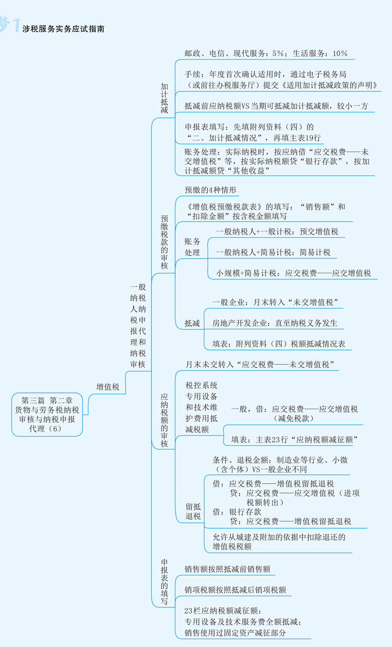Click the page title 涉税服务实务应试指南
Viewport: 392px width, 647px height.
63,29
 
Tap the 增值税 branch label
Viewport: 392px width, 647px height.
108,387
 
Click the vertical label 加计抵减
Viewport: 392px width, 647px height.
164,98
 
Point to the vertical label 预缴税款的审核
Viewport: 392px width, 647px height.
164,242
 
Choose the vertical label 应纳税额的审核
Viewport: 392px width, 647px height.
164,421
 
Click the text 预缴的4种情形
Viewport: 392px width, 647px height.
210,190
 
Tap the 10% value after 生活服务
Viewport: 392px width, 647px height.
340,54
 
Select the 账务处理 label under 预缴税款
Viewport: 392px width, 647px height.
192,247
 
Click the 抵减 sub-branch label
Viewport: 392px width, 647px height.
192,323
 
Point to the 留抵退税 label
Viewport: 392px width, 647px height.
193,512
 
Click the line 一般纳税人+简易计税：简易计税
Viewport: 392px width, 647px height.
273,252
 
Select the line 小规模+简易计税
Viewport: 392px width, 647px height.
294,273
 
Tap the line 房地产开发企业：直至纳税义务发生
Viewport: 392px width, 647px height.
275,323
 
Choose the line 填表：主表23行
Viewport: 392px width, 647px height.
294,439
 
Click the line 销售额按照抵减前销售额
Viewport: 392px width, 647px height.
228,569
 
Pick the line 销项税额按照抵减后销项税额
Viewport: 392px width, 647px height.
235,590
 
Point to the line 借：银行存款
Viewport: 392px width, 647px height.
237,512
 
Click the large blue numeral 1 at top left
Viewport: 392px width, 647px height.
16,25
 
